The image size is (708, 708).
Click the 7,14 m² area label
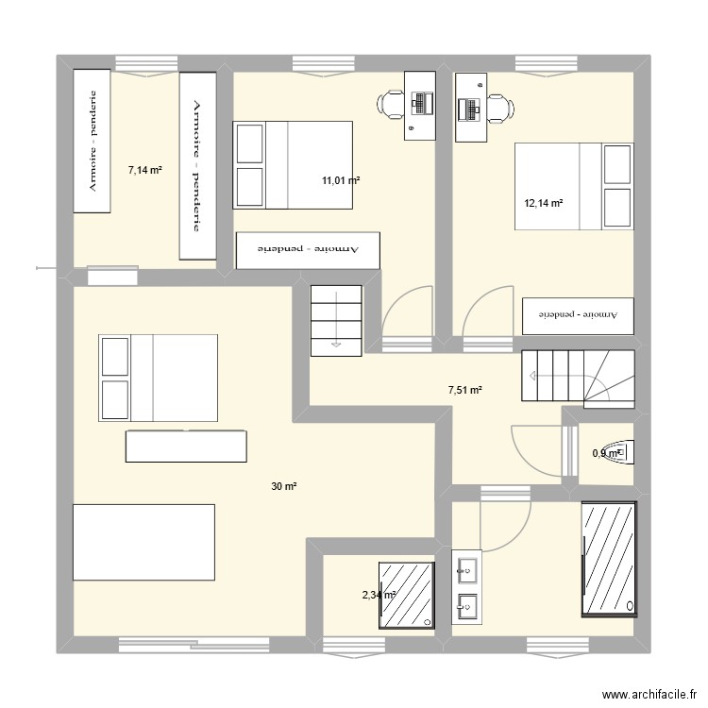144,171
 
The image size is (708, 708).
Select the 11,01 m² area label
340,179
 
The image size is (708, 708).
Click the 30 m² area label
284,486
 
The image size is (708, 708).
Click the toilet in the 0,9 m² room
619,453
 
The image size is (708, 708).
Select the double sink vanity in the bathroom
466,586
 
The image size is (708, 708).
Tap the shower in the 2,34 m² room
408,595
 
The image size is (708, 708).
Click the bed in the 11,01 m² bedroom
292,164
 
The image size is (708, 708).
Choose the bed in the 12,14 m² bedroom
573,186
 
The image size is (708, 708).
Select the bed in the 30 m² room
158,378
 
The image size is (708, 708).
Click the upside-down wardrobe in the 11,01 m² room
308,249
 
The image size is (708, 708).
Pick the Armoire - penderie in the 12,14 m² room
577,315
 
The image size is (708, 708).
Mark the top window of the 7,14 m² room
145,63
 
